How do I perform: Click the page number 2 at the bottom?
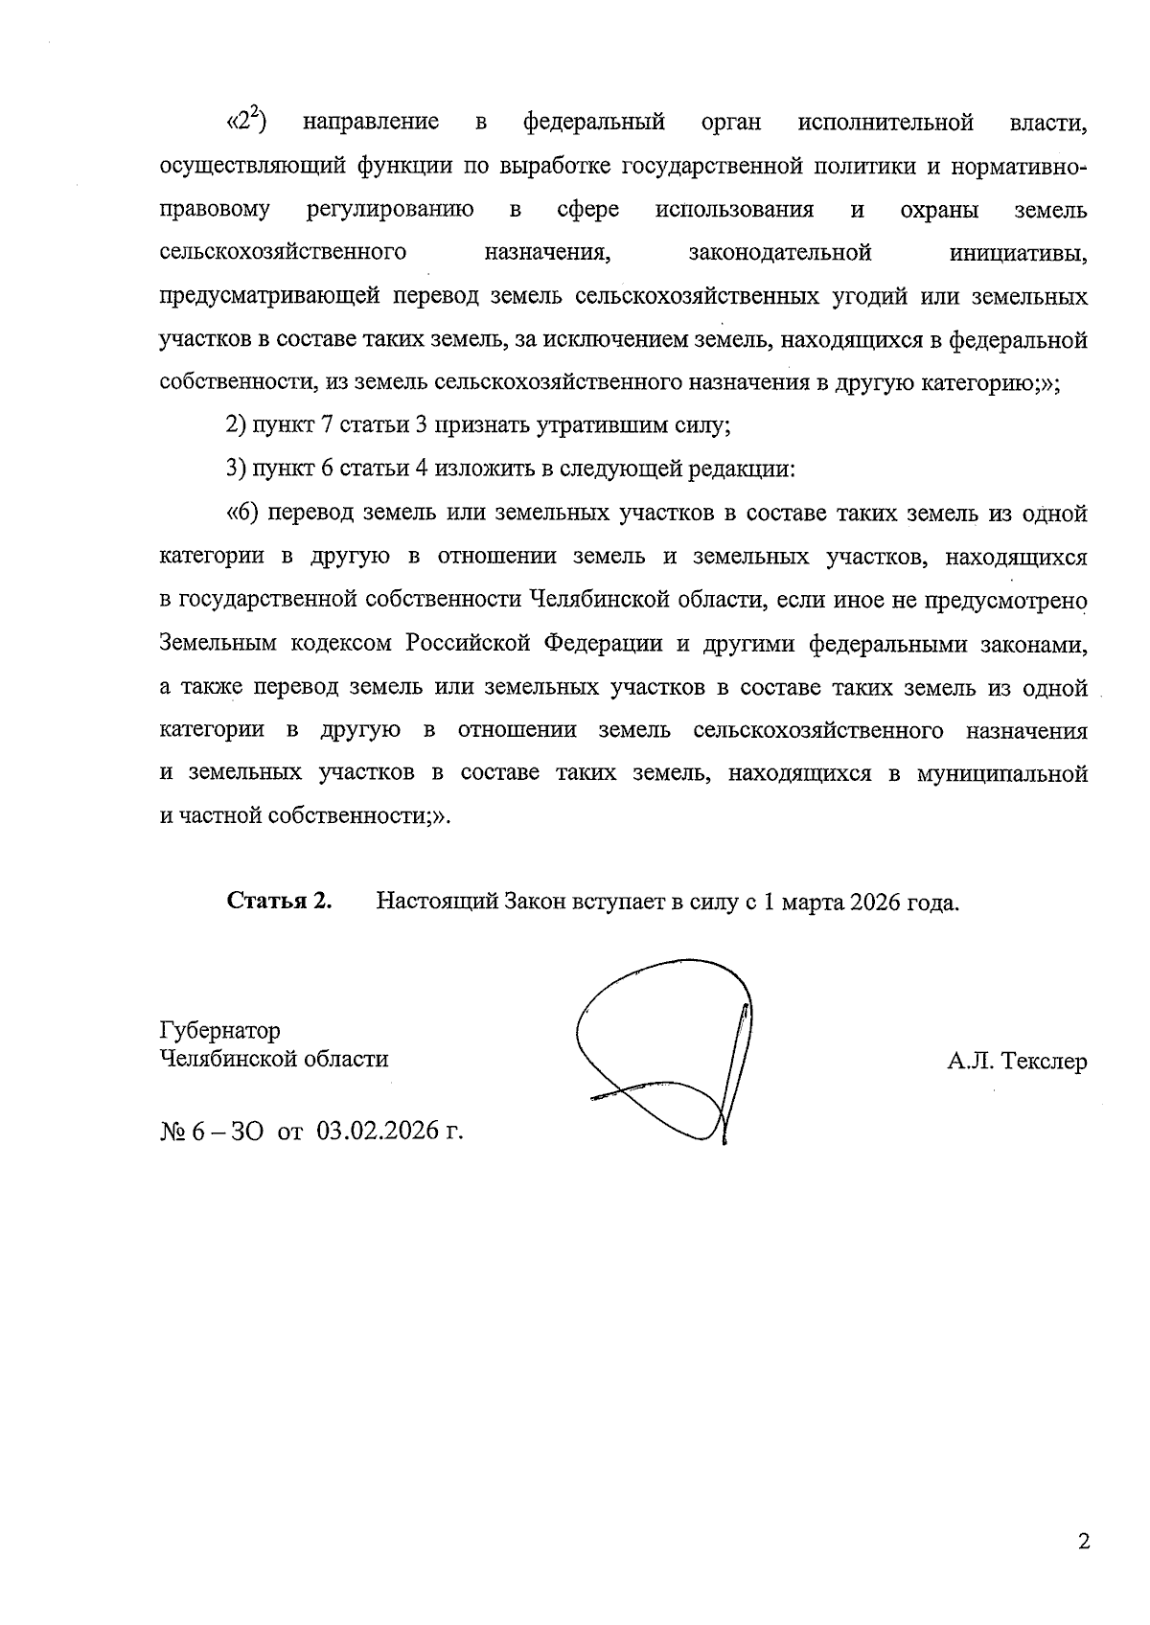pos(1084,1542)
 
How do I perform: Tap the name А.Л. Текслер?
pos(1016,1062)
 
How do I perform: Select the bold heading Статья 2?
pos(279,901)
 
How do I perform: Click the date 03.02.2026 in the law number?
pos(380,1132)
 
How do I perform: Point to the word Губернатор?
pos(220,1031)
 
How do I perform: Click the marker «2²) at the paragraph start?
pos(245,123)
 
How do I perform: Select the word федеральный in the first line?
pos(593,123)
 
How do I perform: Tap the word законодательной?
pos(780,253)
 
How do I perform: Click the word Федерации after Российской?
pos(604,643)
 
